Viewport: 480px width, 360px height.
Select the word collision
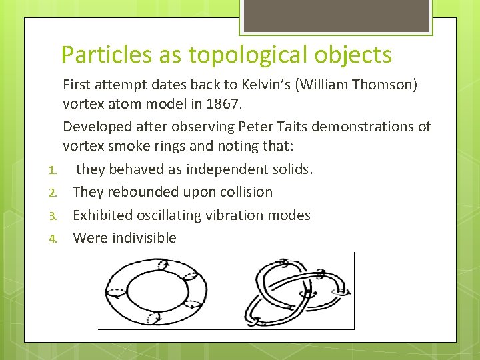click(x=246, y=192)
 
